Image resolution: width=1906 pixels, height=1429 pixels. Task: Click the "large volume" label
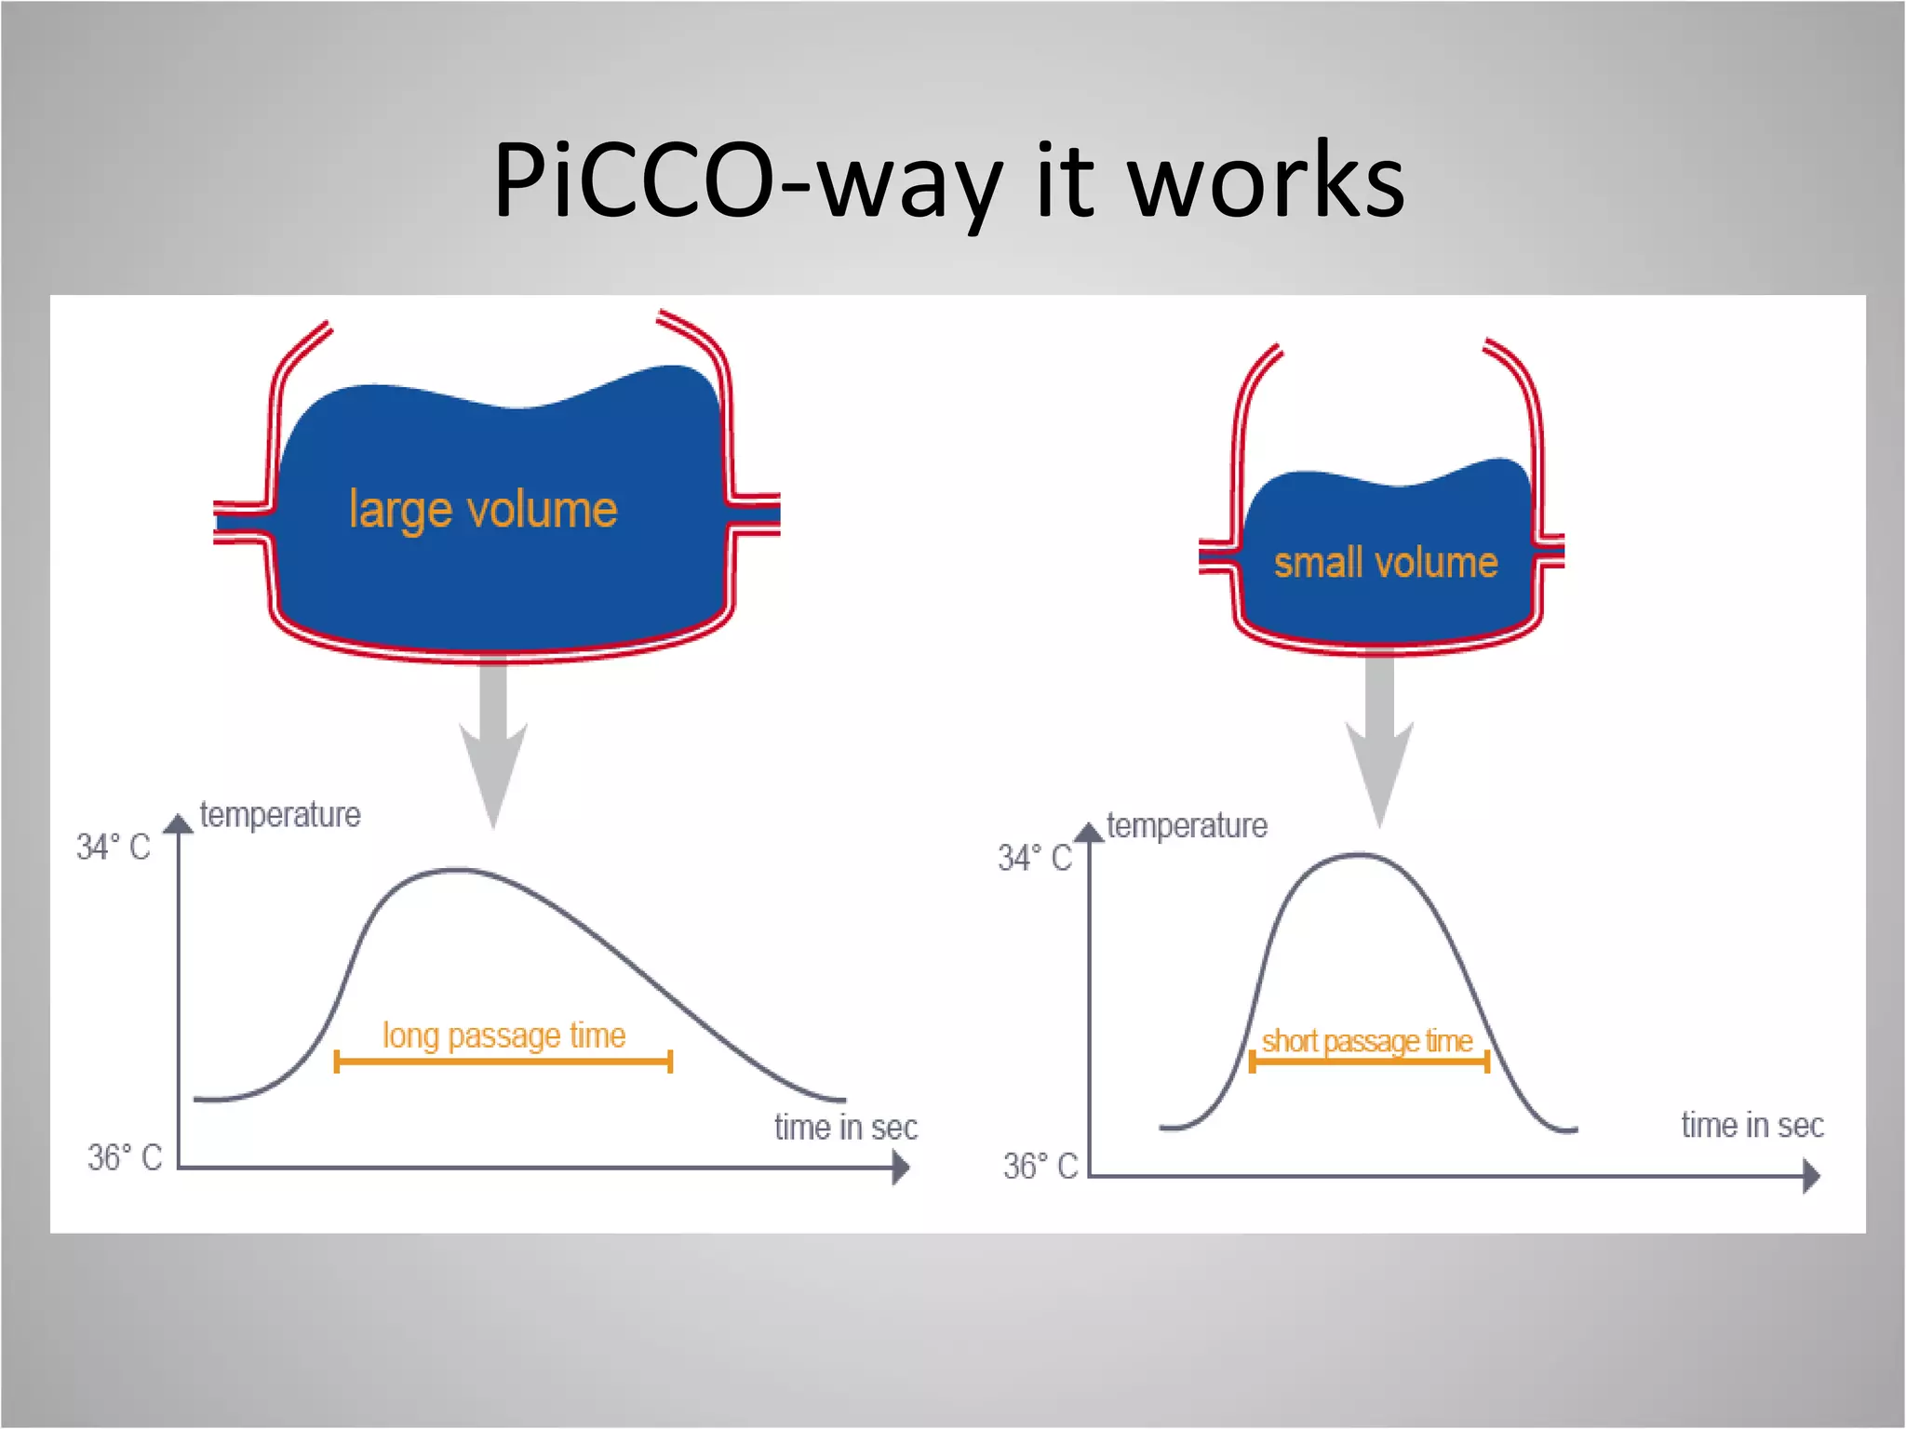483,510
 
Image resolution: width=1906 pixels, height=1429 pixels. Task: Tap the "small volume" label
1385,563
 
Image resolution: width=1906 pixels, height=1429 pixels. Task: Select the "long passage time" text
503,1035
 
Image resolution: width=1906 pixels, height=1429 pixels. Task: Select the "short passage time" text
1366,1040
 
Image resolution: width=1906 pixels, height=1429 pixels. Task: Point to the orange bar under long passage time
503,1062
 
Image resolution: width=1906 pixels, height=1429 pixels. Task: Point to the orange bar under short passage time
1369,1062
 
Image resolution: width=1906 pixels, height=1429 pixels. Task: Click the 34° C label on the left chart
113,848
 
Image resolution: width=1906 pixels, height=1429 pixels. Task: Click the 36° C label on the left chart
124,1157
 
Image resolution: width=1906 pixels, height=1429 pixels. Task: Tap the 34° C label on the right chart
1034,858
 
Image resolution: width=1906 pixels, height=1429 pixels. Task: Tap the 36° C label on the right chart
1040,1166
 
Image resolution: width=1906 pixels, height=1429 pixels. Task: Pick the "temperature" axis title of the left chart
279,815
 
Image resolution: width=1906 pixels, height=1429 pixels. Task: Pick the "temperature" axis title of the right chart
1187,826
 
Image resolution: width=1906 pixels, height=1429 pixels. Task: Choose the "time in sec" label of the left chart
845,1128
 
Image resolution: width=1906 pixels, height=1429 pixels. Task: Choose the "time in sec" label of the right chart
1752,1126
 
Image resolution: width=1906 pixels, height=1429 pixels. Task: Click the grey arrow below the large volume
493,744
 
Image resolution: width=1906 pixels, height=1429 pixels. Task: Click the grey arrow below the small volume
1379,744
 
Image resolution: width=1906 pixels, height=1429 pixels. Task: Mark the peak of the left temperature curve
456,870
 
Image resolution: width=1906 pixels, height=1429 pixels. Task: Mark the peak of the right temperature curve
1359,854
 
